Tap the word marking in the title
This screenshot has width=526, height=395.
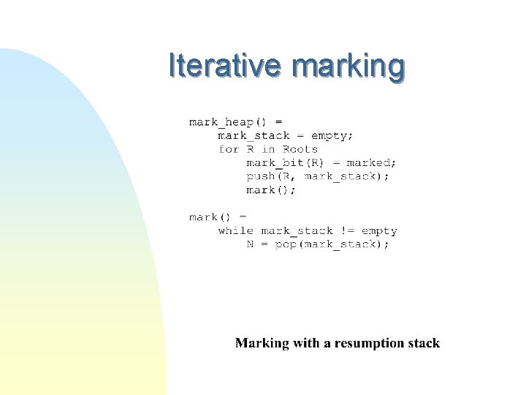click(347, 67)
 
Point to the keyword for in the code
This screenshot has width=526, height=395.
click(229, 149)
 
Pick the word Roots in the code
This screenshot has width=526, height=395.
click(300, 149)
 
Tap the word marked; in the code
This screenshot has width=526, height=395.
click(372, 162)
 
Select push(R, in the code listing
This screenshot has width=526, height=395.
click(271, 176)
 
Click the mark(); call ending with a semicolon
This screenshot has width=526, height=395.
click(271, 190)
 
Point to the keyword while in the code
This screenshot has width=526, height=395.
click(235, 230)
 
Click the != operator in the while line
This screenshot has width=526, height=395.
click(347, 230)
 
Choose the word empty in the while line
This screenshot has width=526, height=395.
click(379, 231)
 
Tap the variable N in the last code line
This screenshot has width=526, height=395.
click(250, 244)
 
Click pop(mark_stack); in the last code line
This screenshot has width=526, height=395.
click(332, 244)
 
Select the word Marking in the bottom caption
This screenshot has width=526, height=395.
click(262, 343)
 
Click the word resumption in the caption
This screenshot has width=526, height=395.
click(367, 343)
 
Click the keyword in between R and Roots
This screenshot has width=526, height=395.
click(268, 149)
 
